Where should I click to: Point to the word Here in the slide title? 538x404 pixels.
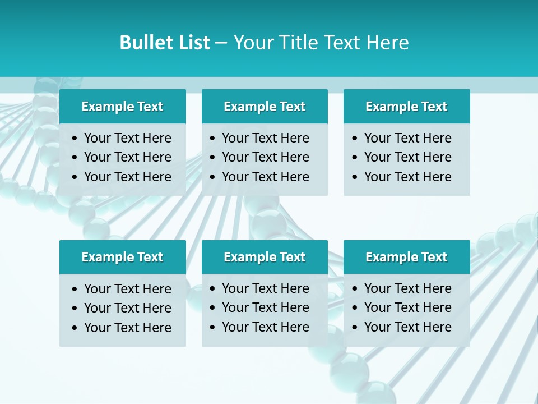point(387,43)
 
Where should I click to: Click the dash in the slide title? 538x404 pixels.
point(221,43)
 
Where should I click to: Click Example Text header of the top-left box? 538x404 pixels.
point(122,107)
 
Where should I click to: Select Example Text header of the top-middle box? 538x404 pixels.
point(265,107)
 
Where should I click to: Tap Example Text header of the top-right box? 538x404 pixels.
point(406,107)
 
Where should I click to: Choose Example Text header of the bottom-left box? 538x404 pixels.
point(122,257)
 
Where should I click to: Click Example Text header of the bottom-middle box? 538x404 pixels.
point(265,257)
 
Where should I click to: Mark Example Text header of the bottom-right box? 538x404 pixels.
point(406,257)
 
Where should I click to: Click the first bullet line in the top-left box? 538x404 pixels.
point(127,138)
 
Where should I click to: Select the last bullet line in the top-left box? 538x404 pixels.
point(127,177)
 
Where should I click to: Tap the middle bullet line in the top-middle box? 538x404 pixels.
point(265,157)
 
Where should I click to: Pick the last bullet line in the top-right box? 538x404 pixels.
point(407,177)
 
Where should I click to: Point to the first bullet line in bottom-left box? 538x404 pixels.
point(127,289)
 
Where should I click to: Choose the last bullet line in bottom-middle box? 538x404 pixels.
point(265,327)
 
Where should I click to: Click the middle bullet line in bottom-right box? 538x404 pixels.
point(407,307)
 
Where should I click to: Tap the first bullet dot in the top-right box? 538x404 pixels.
point(355,139)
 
